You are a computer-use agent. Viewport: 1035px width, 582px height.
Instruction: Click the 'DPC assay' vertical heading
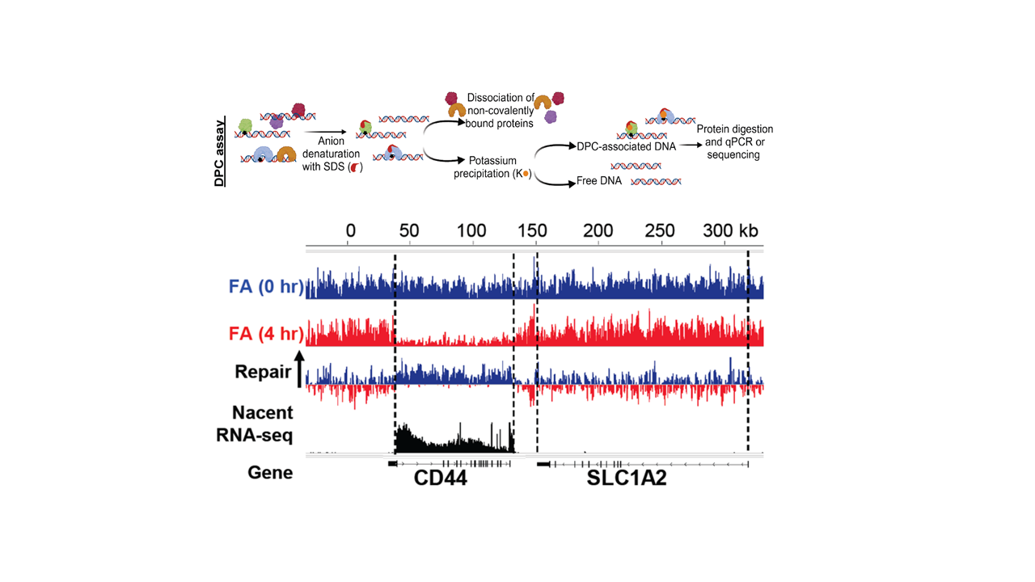coord(220,153)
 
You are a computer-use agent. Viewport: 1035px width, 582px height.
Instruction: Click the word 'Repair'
coord(262,372)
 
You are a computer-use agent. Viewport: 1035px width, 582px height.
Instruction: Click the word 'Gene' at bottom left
coord(270,472)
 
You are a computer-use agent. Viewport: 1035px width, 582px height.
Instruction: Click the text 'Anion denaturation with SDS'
coord(332,155)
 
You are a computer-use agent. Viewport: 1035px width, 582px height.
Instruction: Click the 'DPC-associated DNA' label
coord(626,146)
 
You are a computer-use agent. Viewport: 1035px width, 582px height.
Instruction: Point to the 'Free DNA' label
coord(599,181)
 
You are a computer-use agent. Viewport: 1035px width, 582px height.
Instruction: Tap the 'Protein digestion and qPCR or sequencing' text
coord(734,141)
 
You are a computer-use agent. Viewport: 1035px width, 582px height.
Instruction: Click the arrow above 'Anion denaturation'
coord(332,130)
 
